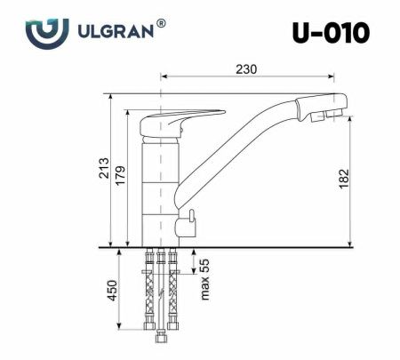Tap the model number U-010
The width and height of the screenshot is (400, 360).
[x=331, y=34]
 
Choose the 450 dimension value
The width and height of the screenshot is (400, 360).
[x=110, y=290]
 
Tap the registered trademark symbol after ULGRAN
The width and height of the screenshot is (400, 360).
[x=161, y=24]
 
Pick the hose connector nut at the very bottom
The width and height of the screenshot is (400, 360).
[x=161, y=337]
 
